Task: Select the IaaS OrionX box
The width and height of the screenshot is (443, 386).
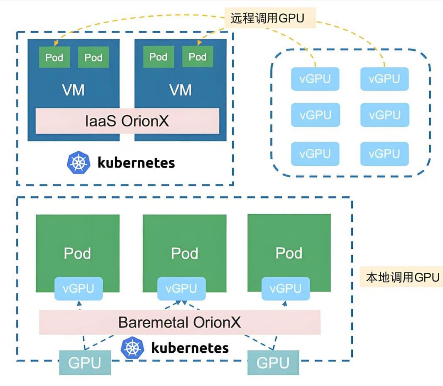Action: (x=127, y=121)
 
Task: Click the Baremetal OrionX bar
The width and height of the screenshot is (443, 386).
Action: (x=180, y=322)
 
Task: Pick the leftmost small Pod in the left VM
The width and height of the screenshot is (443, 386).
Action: (x=54, y=57)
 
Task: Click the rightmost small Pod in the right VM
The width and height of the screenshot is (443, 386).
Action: (x=198, y=57)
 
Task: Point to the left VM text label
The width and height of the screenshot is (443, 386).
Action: (x=73, y=90)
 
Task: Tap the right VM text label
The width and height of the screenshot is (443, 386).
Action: (x=181, y=90)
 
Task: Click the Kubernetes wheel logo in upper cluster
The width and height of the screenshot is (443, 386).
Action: (x=78, y=163)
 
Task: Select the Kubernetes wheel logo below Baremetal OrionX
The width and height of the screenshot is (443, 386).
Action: (x=132, y=348)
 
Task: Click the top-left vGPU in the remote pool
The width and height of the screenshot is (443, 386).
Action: (x=315, y=79)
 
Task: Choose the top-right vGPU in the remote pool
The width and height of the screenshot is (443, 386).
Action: (x=384, y=79)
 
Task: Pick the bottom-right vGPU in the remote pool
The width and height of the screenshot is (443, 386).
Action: (x=384, y=154)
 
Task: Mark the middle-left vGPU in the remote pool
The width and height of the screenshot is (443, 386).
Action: (x=315, y=115)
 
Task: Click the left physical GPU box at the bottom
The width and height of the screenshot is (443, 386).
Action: (x=85, y=363)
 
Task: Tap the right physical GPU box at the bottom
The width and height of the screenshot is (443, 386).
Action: (x=273, y=363)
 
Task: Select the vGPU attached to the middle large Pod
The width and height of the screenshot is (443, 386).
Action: (x=182, y=288)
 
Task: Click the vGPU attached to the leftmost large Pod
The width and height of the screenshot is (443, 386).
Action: (x=79, y=288)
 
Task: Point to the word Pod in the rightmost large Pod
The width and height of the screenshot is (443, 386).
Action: (x=289, y=253)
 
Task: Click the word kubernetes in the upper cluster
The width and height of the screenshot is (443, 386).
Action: (x=136, y=163)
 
